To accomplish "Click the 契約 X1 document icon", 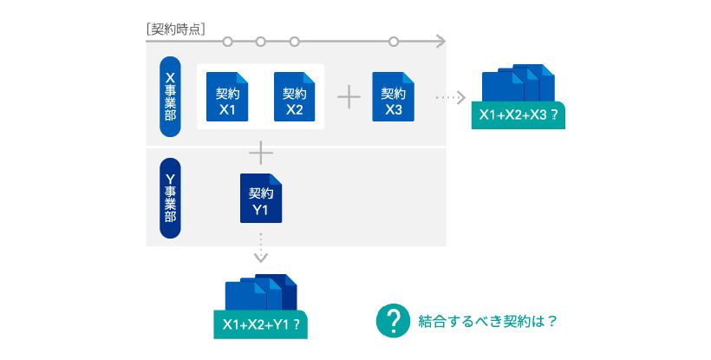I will [227, 96].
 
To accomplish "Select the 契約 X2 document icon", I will [294, 96].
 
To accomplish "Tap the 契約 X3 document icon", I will [394, 96].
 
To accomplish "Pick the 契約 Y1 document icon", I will [261, 200].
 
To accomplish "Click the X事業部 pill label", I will [171, 96].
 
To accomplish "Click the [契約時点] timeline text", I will [176, 28].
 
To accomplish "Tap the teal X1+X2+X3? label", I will [519, 115].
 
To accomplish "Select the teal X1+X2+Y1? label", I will [261, 324].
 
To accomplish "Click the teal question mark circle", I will [392, 320].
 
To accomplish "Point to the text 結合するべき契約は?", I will [487, 320].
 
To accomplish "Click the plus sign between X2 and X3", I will [348, 96].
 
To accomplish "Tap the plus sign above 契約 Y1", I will [261, 153].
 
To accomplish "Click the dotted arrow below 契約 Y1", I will [261, 247].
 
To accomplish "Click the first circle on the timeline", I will [227, 41].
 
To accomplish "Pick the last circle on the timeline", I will [394, 41].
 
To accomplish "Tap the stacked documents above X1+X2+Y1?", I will [261, 292].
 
